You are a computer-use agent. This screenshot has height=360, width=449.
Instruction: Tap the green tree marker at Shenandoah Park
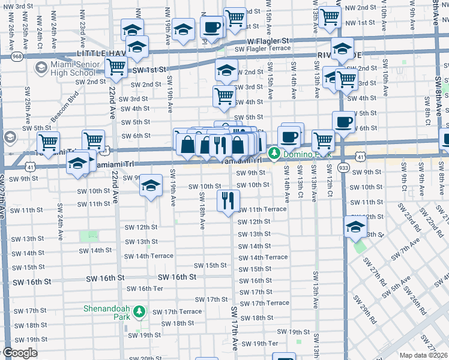(139, 312)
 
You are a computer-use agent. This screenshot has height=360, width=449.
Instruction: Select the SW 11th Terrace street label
(262, 209)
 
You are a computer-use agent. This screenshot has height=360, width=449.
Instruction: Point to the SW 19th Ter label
(265, 343)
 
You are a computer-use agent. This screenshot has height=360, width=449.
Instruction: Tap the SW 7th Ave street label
(406, 250)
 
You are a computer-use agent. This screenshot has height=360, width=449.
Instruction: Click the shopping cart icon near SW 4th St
(224, 95)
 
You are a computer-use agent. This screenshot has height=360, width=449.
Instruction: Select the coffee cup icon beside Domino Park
(289, 136)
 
